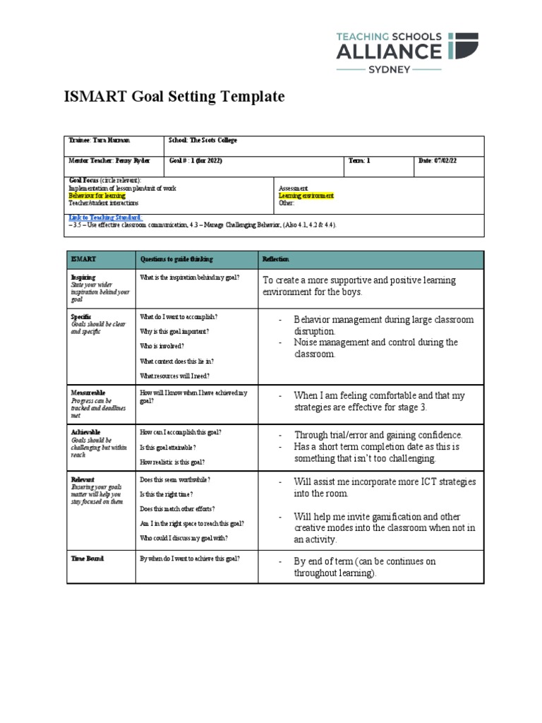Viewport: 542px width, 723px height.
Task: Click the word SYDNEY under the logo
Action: click(389, 69)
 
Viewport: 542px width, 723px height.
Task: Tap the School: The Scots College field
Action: click(203, 141)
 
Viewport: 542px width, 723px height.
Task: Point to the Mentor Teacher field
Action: click(100, 161)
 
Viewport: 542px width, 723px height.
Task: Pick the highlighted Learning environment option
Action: click(306, 196)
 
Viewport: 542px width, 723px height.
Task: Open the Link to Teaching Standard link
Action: click(105, 217)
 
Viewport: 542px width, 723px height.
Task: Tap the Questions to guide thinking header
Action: click(176, 259)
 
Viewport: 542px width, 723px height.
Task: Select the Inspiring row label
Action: click(83, 277)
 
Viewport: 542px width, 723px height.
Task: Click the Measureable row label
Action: click(88, 391)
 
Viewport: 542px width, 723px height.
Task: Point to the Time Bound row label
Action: click(87, 558)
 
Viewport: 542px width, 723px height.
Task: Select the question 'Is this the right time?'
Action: click(175, 494)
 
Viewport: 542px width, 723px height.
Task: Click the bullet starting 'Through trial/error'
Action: click(378, 435)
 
